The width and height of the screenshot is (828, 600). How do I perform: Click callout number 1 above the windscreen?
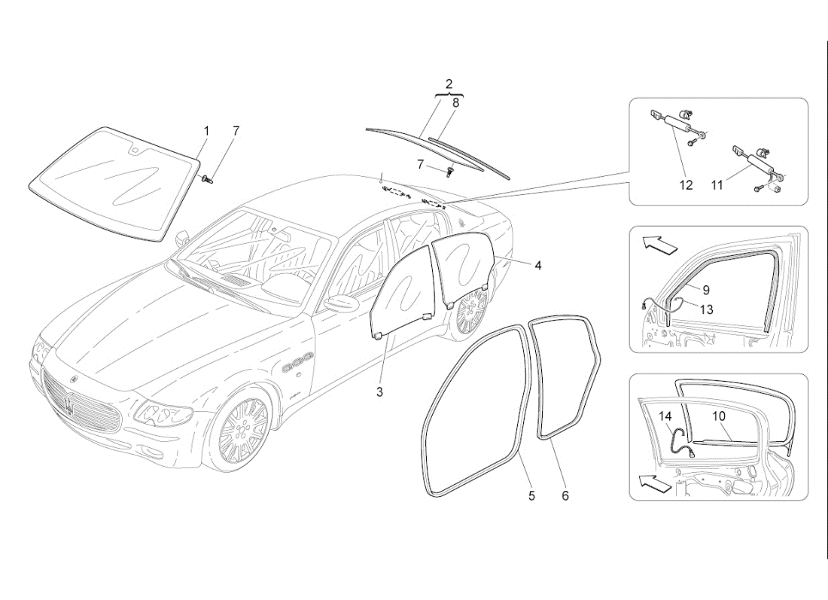pos(206,131)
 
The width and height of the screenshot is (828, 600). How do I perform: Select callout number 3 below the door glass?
pos(380,391)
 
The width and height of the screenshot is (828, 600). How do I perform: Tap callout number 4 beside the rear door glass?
pos(538,265)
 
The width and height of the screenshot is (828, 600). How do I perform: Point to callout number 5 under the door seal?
pos(531,495)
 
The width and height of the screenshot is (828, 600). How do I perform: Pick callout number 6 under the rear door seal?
pos(565,495)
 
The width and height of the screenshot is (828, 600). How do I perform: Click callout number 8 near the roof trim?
pos(455,102)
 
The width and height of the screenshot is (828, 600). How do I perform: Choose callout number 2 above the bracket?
pos(449,83)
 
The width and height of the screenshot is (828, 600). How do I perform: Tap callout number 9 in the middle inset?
pos(706,289)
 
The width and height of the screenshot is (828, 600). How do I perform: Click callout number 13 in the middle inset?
pos(706,309)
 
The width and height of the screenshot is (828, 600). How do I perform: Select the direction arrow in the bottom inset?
pos(651,483)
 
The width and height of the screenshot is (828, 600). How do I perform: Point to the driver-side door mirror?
pos(342,303)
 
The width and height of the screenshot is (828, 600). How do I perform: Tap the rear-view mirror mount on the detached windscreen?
pos(133,150)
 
